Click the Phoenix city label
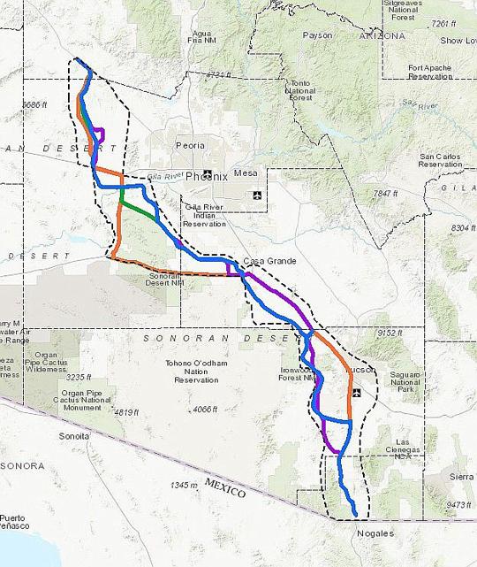[x=207, y=176]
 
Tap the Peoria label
[x=190, y=145]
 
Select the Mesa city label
[x=246, y=173]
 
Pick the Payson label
[x=317, y=35]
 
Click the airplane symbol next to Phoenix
[x=208, y=173]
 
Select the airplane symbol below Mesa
[x=257, y=195]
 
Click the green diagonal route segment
[x=140, y=209]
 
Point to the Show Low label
[x=458, y=41]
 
